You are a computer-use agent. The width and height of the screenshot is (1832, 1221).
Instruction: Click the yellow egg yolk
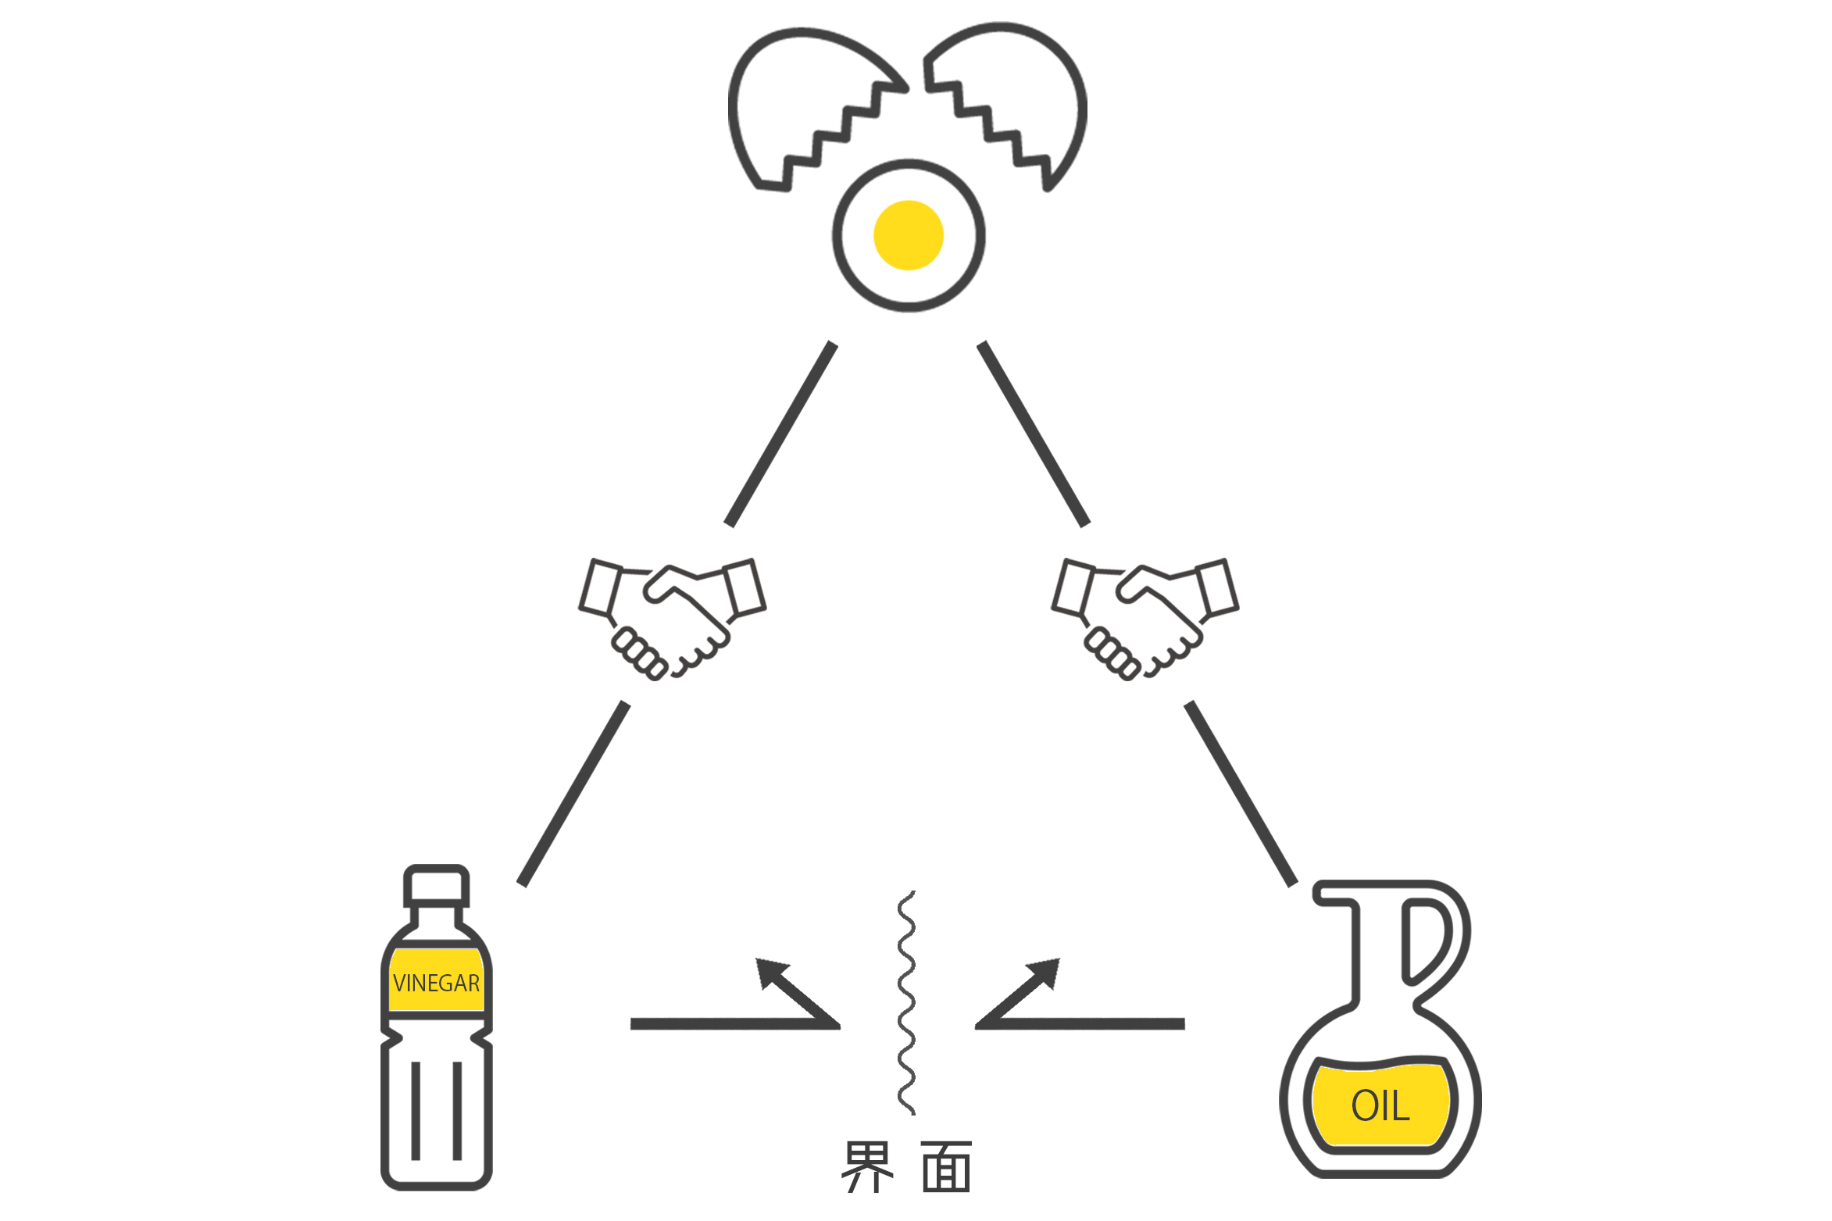[x=909, y=235]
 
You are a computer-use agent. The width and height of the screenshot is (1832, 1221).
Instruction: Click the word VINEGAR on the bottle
[x=436, y=983]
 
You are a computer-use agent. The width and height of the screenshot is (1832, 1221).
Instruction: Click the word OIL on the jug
[x=1380, y=1105]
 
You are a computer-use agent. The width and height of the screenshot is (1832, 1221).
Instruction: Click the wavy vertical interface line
[x=906, y=1002]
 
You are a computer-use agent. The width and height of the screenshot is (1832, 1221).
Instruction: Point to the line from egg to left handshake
[x=780, y=434]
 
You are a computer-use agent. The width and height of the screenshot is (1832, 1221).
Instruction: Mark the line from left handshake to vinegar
[x=573, y=794]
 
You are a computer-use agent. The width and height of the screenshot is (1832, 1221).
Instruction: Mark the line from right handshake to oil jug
[x=1241, y=794]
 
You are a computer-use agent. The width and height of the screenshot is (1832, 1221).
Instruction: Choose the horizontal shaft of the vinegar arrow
[x=734, y=1024]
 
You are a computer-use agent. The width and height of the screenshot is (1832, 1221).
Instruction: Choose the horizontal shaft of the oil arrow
[x=1080, y=1024]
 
